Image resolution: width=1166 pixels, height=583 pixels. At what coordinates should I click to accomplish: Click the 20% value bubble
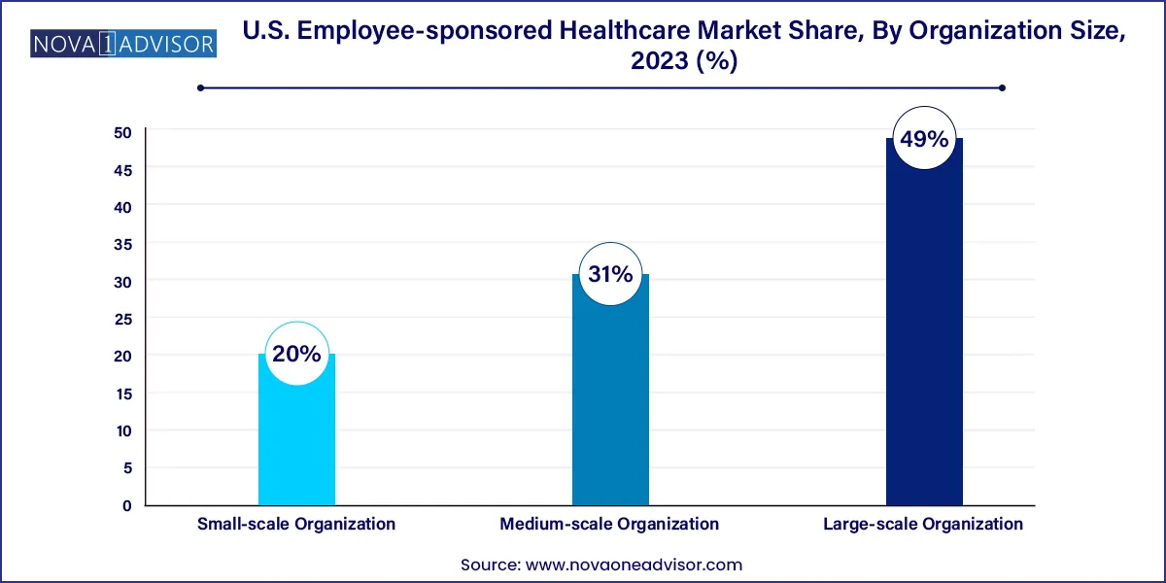click(296, 354)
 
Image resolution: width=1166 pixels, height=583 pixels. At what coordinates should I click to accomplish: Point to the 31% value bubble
click(610, 274)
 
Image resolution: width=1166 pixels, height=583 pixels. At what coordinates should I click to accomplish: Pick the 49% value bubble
click(924, 139)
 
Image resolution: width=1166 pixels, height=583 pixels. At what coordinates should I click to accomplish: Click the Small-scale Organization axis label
click(296, 524)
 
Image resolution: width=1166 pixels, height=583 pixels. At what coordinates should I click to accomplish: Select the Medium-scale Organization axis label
click(610, 524)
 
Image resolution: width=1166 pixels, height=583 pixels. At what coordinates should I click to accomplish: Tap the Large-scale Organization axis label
click(924, 524)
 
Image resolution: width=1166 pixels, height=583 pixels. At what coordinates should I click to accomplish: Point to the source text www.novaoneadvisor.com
click(634, 565)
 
